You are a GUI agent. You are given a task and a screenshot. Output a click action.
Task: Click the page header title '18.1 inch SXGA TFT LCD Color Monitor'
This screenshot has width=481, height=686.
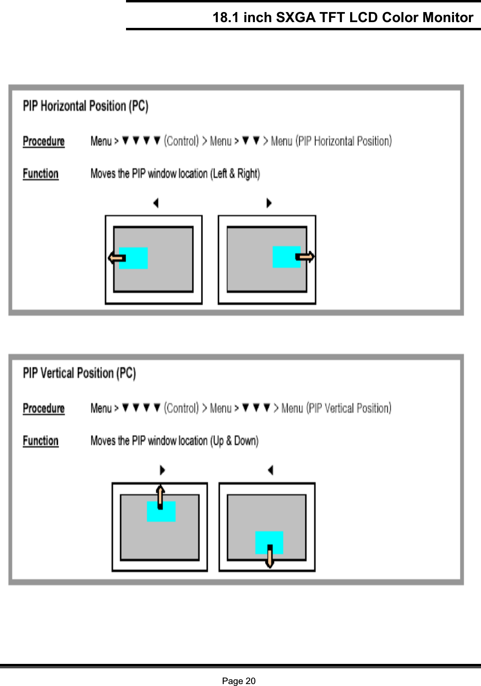(342, 17)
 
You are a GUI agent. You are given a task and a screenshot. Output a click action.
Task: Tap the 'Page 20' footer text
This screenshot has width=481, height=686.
(239, 680)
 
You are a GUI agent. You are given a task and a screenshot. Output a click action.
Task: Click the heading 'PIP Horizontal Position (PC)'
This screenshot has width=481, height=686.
(86, 106)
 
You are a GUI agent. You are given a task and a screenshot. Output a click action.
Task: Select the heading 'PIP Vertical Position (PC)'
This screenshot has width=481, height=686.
(79, 373)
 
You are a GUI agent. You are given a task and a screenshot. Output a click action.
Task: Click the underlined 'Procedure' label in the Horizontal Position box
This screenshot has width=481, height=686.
(44, 141)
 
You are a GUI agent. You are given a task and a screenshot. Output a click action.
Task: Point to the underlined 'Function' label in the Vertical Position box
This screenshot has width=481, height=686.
(41, 441)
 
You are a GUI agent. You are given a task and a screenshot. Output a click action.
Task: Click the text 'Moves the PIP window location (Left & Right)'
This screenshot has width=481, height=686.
(175, 174)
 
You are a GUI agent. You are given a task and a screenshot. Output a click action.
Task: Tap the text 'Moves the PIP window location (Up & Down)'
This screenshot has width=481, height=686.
(174, 441)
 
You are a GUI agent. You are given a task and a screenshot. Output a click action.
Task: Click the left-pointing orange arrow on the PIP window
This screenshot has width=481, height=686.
(116, 258)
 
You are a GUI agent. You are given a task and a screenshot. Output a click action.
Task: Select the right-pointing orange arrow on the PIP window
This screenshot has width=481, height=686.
(305, 257)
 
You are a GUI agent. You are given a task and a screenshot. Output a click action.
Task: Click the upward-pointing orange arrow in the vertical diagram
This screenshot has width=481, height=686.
(160, 497)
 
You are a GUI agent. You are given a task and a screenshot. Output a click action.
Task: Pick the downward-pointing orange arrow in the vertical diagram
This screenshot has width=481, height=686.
(269, 557)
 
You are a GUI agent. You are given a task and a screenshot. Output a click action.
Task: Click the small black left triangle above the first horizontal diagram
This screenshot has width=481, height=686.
(155, 203)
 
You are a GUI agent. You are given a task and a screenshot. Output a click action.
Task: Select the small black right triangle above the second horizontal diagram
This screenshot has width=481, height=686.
(269, 203)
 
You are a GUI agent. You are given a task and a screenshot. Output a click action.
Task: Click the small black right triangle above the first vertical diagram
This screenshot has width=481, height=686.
(163, 470)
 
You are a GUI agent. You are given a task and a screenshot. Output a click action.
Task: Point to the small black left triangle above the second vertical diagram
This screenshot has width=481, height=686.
(270, 470)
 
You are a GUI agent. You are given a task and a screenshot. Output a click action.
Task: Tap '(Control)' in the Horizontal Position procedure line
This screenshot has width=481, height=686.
(181, 141)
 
